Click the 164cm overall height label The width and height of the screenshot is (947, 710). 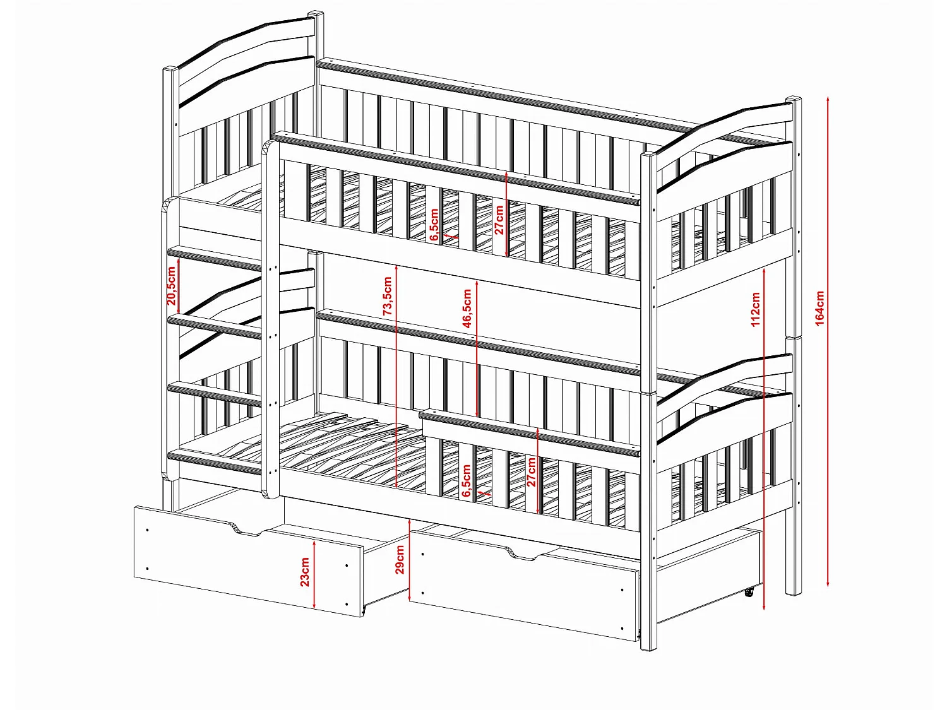click(x=819, y=308)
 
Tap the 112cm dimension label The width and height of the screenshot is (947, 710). click(x=755, y=309)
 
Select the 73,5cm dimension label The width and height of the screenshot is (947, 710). click(x=388, y=296)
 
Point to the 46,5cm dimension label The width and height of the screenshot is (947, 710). click(x=467, y=309)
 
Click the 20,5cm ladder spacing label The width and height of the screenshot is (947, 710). click(x=171, y=286)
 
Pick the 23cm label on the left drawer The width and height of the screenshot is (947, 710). click(x=305, y=572)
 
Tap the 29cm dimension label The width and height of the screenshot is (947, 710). click(x=400, y=560)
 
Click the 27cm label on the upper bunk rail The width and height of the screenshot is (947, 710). click(x=499, y=220)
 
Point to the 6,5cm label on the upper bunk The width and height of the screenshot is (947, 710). click(x=434, y=225)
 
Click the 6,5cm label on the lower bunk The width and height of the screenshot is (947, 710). click(x=467, y=481)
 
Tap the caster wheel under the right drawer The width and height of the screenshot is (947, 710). click(x=749, y=593)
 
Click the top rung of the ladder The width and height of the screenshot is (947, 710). click(x=215, y=259)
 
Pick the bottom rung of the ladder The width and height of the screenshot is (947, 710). click(x=215, y=463)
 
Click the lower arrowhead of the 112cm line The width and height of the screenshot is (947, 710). click(x=764, y=606)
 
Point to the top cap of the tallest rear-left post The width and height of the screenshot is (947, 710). click(x=316, y=15)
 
